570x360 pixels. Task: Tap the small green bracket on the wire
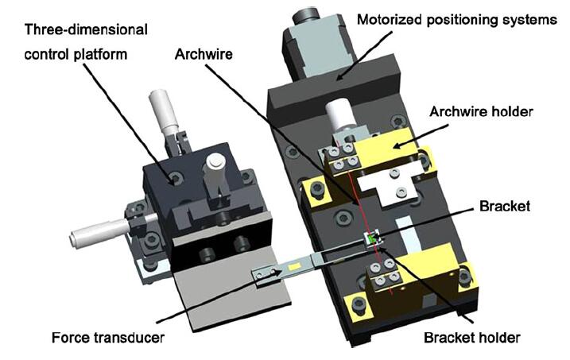click(x=371, y=238)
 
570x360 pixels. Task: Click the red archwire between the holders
click(x=357, y=199)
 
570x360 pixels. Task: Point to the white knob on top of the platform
click(x=213, y=168)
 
